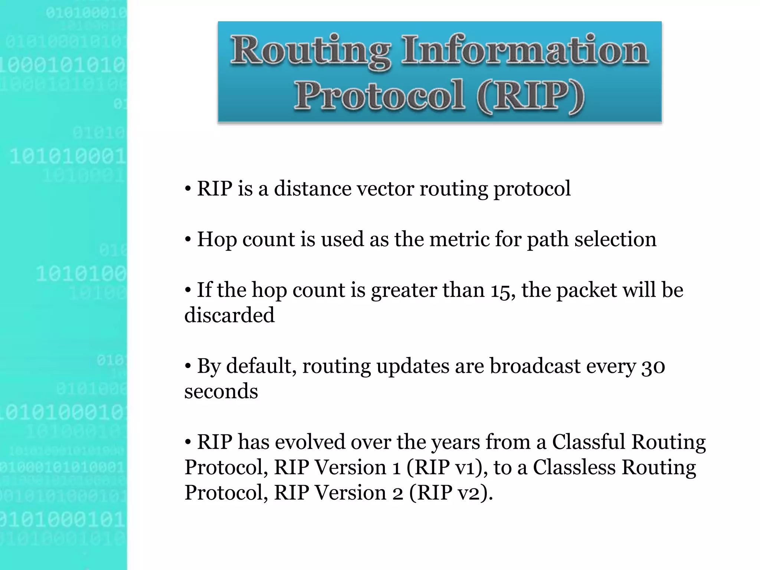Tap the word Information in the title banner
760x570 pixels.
525,50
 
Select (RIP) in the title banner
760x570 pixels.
530,96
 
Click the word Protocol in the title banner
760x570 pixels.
379,96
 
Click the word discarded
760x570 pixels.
229,315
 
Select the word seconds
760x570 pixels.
221,392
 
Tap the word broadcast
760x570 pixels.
535,366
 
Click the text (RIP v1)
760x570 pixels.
447,467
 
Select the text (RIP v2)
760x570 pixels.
451,493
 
